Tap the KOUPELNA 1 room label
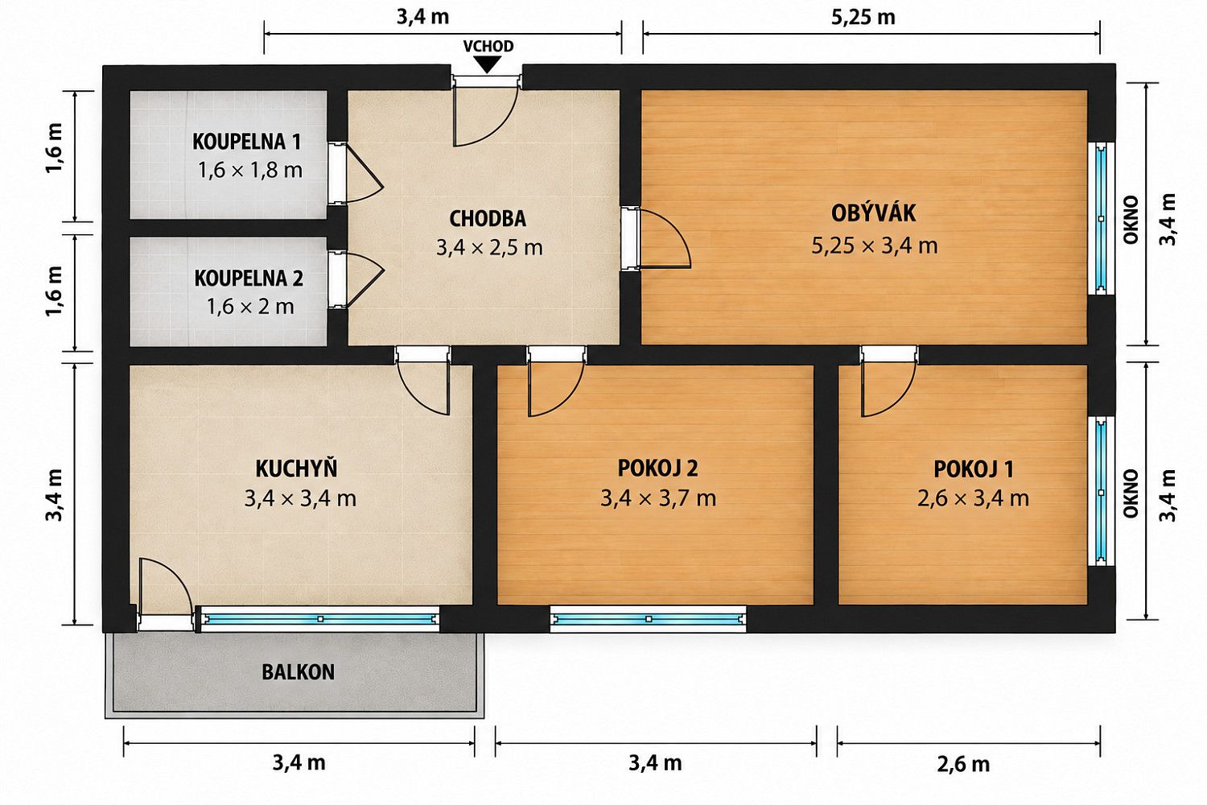coord(246,142)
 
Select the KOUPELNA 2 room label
coord(249,279)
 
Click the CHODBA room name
coord(488,219)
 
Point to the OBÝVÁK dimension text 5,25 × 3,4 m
coord(875,246)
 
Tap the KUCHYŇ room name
coord(296,468)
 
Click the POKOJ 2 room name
coord(657,468)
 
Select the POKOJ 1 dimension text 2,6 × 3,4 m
coord(973,498)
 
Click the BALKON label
coord(298,672)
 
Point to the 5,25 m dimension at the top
coord(863,18)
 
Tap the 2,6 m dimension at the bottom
coord(963,765)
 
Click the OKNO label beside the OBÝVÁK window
coord(1131,220)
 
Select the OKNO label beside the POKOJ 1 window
coord(1131,493)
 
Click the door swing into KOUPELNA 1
coord(356,174)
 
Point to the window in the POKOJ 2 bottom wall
coord(649,619)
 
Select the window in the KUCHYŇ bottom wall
coord(320,619)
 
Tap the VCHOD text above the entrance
coord(488,47)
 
